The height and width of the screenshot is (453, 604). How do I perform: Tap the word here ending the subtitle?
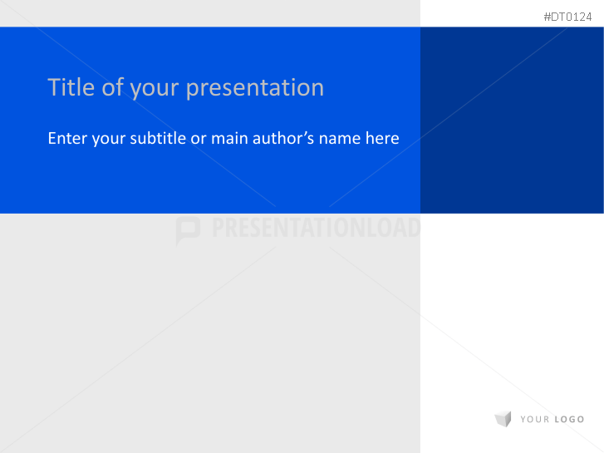[382, 138]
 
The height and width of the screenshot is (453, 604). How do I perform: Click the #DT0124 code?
[567, 17]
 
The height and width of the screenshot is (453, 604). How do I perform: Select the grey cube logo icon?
[503, 419]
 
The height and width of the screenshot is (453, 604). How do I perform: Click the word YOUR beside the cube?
[534, 420]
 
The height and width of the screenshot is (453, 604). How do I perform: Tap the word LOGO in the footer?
[569, 420]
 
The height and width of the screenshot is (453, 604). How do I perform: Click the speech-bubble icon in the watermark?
[188, 229]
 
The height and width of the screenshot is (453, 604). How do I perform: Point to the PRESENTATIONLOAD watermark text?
[316, 229]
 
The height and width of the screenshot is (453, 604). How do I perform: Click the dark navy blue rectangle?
[512, 120]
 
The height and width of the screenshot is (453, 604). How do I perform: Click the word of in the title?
[112, 87]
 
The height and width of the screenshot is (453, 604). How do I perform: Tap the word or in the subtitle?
[199, 139]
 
